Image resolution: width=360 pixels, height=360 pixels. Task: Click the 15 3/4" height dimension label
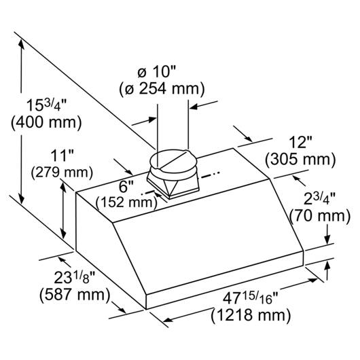[x=46, y=105]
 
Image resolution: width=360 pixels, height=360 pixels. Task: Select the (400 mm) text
[x=46, y=122]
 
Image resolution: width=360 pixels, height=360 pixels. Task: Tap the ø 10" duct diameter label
[x=157, y=72]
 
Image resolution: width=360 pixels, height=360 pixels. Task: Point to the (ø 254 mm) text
[x=162, y=89]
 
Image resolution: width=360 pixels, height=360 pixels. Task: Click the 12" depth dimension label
[x=300, y=142]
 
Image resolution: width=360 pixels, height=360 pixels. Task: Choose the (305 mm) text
[x=300, y=160]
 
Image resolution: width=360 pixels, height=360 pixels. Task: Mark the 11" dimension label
[x=62, y=156]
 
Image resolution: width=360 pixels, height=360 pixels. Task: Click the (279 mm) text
[x=62, y=173]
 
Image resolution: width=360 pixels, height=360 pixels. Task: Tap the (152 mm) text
[x=126, y=202]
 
